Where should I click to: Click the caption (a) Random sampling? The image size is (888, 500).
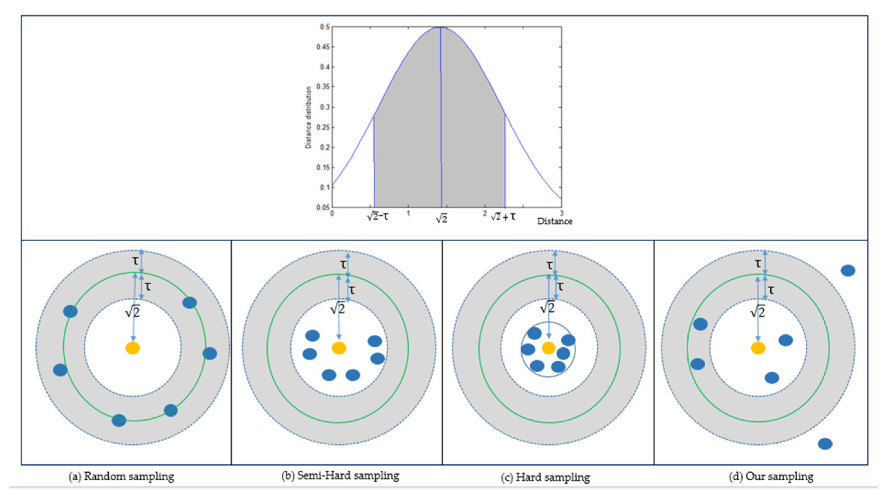121,477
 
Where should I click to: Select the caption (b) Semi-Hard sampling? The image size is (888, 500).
340,476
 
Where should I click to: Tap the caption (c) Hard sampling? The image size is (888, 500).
545,477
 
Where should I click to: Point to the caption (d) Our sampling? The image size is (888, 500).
771,477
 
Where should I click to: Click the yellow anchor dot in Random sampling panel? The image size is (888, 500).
133,348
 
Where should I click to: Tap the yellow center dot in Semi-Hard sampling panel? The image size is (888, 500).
339,348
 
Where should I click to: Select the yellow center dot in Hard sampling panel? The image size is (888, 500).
548,348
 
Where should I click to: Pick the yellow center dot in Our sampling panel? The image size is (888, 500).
758,348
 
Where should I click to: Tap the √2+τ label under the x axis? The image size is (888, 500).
503,217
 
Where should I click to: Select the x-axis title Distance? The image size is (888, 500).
555,221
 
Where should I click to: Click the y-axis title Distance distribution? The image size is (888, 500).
308,117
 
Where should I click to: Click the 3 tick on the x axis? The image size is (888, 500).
561,213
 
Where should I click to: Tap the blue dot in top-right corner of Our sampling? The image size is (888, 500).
848,270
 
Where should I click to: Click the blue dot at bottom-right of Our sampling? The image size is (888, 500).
825,444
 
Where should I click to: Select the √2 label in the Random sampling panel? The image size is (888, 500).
133,312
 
